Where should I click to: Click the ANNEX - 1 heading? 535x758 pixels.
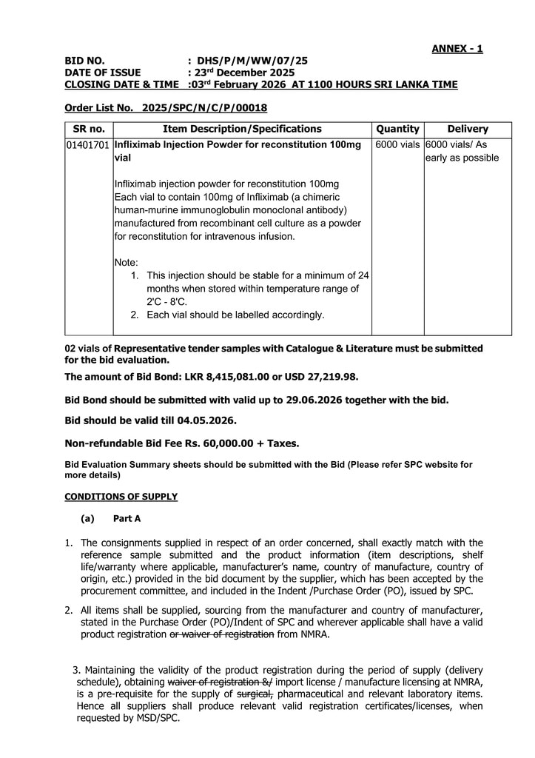(457, 49)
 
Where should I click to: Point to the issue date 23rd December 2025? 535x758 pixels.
(244, 73)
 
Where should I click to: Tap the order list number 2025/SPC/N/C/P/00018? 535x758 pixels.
(204, 107)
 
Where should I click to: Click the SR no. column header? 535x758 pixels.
(89, 129)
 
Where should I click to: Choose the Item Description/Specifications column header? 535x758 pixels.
(242, 129)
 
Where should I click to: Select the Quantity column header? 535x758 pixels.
(397, 129)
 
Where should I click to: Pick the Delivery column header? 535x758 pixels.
(468, 129)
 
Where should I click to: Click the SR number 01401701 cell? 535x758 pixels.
(89, 145)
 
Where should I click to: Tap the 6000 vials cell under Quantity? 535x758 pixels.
(397, 145)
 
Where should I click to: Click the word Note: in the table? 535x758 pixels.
(127, 262)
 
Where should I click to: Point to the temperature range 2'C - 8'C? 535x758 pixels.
(167, 302)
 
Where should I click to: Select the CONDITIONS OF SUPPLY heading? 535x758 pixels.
(121, 496)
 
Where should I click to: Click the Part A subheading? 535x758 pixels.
(127, 519)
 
